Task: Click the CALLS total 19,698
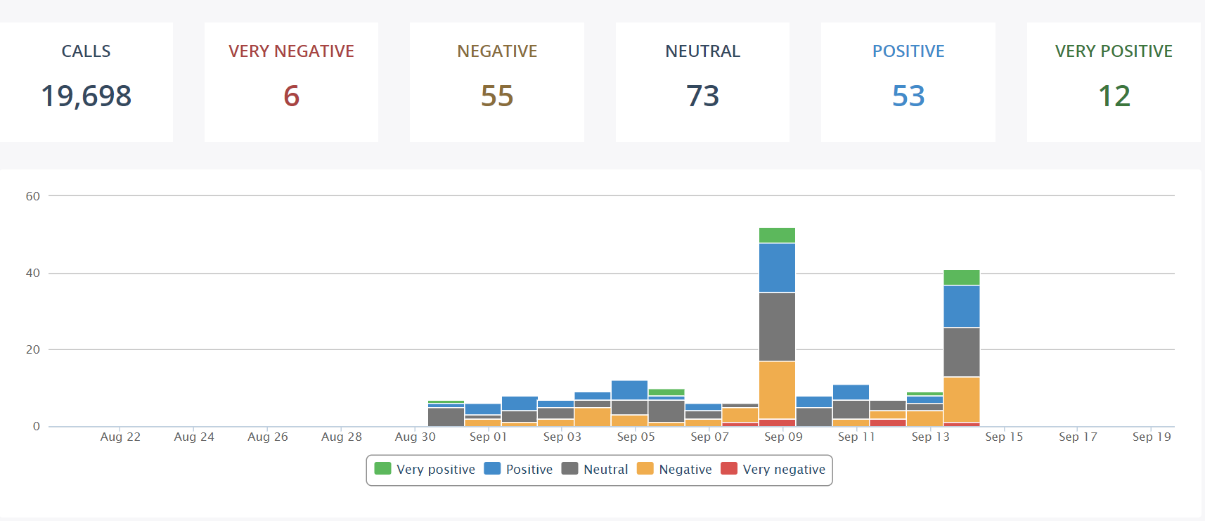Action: pos(86,96)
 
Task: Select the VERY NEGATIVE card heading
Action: pos(291,51)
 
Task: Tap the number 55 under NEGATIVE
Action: pos(497,96)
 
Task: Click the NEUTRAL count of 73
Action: pos(702,96)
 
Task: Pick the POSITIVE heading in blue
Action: pos(908,51)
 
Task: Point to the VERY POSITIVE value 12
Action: pos(1114,96)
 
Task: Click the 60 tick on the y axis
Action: pos(33,196)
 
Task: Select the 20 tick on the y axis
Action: pos(33,349)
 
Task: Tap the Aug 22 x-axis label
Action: pos(120,437)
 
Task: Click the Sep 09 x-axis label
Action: pos(783,437)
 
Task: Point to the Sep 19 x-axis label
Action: pos(1152,437)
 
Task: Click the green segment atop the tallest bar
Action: pos(777,235)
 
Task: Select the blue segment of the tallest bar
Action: pos(777,268)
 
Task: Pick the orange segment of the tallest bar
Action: pos(777,390)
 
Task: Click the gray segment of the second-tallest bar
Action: pos(961,352)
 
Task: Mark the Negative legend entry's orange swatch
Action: pos(645,469)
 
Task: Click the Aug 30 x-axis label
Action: pos(415,437)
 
